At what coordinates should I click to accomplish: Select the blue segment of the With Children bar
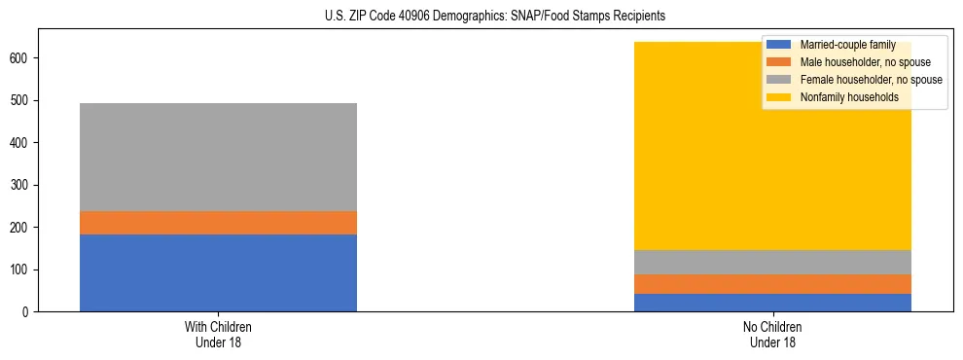pos(218,272)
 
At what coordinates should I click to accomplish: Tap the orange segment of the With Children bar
pos(218,223)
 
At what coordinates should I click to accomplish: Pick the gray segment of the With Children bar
pos(218,157)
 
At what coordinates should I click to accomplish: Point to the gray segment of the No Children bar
pos(772,263)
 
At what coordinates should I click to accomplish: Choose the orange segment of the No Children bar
pos(772,284)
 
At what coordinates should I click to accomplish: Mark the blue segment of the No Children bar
pos(772,303)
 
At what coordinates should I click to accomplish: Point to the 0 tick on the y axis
pos(28,312)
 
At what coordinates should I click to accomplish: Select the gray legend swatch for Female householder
pos(779,80)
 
